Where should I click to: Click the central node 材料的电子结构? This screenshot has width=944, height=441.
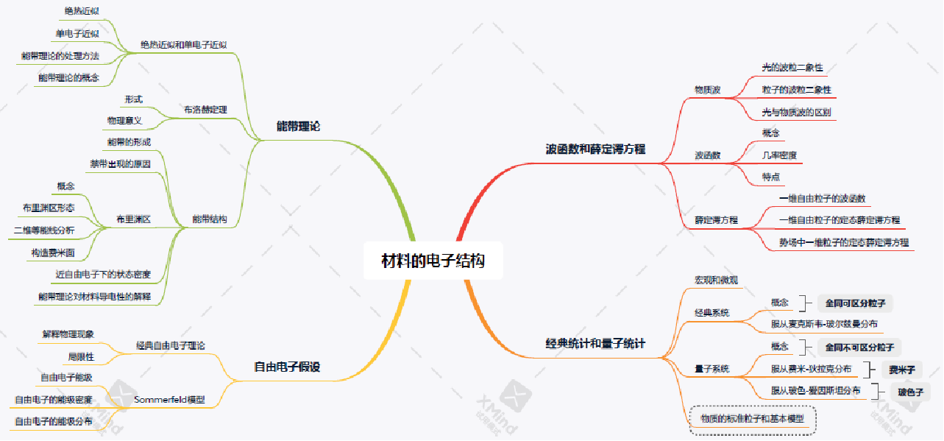pos(433,261)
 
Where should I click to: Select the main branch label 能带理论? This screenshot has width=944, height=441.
pos(298,127)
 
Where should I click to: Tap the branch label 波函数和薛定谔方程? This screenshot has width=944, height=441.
pos(595,149)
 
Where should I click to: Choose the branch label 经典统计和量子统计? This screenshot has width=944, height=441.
pos(595,343)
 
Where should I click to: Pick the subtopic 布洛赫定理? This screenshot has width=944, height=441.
pos(205,110)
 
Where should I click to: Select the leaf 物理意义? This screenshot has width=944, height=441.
pos(124,120)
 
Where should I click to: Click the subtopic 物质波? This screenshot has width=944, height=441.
pos(708,90)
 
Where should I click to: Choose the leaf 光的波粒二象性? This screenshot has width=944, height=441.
pos(792,68)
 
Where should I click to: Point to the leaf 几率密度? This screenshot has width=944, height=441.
pos(779,155)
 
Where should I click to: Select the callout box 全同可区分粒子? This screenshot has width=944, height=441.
pos(855,303)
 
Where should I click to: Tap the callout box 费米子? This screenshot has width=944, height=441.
pos(902,370)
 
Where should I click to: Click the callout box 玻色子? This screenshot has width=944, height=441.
pos(909,392)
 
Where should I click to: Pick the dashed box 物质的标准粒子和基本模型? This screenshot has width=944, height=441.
pos(753,420)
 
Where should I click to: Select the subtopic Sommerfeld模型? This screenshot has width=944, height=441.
pos(170,400)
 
